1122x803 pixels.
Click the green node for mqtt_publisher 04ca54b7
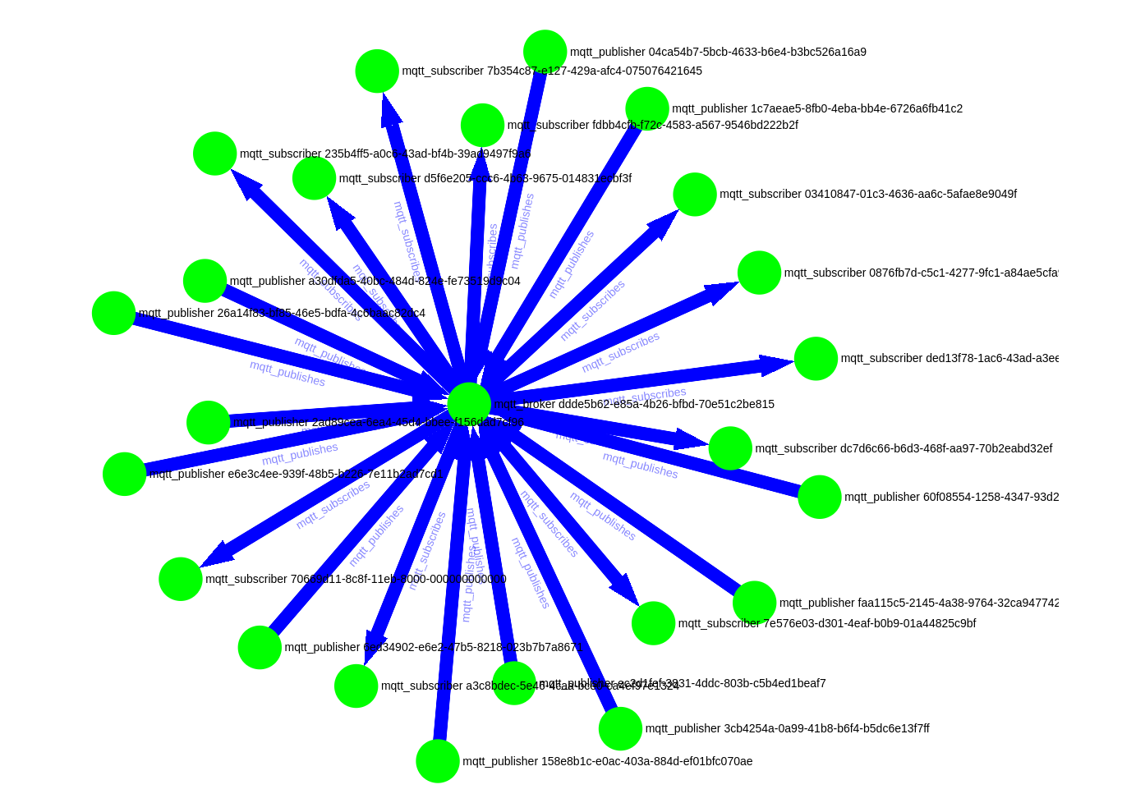(x=545, y=51)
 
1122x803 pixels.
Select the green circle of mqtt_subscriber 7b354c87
(x=377, y=71)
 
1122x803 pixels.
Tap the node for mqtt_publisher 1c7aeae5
(x=647, y=108)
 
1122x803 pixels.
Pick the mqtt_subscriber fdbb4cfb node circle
(x=482, y=125)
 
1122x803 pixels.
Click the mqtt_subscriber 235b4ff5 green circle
(x=215, y=154)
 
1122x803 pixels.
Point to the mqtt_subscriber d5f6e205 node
(x=314, y=178)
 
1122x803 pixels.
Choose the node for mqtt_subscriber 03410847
(x=695, y=195)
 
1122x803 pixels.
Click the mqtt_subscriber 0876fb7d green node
(x=759, y=273)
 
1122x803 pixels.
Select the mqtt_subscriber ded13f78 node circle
(x=816, y=359)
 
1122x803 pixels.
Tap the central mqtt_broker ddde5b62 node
(x=469, y=404)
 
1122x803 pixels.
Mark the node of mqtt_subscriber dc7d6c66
(x=730, y=448)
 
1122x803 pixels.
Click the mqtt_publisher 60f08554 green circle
(x=820, y=497)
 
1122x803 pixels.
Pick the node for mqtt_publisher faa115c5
(x=754, y=603)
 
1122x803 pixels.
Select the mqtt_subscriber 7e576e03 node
(x=653, y=623)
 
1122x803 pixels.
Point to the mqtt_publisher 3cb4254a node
(x=620, y=728)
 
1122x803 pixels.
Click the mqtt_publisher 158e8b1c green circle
(x=438, y=761)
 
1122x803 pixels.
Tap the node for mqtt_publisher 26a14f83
(x=113, y=313)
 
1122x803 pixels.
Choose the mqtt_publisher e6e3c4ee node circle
(x=124, y=474)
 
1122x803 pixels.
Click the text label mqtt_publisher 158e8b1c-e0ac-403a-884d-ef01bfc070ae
(x=607, y=761)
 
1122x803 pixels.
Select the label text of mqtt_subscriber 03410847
(x=867, y=194)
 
